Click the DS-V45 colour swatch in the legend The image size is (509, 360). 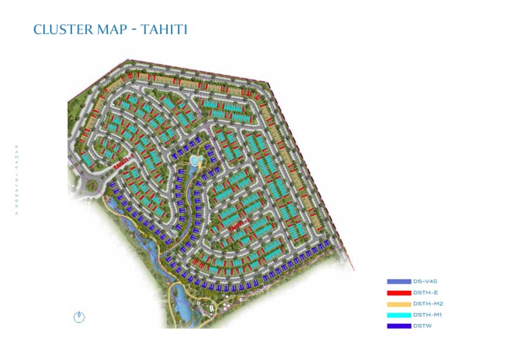[x=398, y=281]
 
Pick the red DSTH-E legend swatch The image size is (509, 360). [x=398, y=292]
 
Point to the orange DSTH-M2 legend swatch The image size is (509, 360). [x=398, y=304]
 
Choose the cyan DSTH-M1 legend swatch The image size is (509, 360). [x=398, y=314]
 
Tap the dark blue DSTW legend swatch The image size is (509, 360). [x=398, y=326]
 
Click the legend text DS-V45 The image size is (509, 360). [x=425, y=281]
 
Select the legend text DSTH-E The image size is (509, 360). [x=425, y=292]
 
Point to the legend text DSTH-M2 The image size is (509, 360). [x=427, y=304]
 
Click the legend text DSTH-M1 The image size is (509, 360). [x=427, y=314]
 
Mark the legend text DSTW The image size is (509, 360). [x=422, y=326]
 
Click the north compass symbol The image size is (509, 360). [x=79, y=317]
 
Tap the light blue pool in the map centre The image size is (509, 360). [x=195, y=161]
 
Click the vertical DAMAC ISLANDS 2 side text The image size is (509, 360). [x=16, y=180]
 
